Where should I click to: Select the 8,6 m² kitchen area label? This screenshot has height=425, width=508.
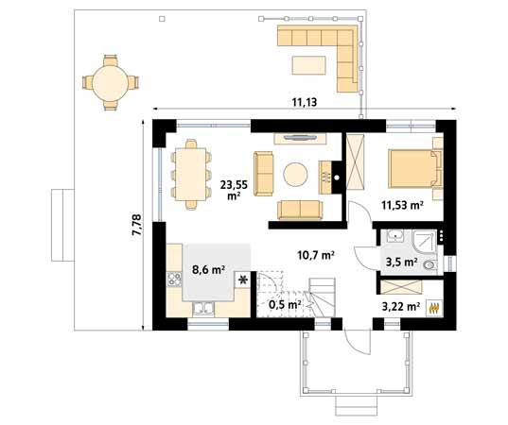(x=208, y=270)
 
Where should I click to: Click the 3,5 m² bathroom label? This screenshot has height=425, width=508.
(x=401, y=262)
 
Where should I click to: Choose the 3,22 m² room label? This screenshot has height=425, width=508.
(x=399, y=307)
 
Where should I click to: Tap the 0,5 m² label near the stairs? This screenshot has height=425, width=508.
(x=285, y=304)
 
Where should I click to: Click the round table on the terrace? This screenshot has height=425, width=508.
(x=107, y=80)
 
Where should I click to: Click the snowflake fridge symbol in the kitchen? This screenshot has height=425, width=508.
(x=243, y=280)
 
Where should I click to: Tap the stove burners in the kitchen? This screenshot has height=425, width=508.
(x=175, y=279)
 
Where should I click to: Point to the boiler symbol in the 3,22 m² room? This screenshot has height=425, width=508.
(x=435, y=307)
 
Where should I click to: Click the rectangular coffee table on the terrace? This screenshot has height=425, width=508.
(x=311, y=64)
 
